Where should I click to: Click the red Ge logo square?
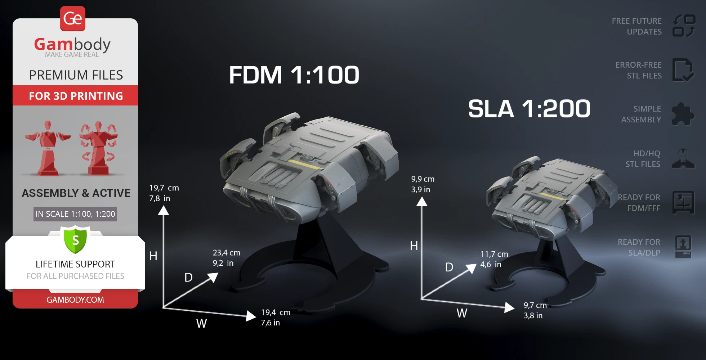tap(73, 18)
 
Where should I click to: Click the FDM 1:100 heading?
tap(294, 75)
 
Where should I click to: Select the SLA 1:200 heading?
tap(529, 108)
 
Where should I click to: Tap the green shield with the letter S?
tap(75, 239)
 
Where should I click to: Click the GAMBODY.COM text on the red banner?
tap(75, 300)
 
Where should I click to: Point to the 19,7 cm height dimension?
tap(164, 188)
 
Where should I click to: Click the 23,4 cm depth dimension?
tap(226, 253)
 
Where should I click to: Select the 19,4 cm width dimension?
tap(276, 312)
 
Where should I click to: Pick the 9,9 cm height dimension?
tap(423, 179)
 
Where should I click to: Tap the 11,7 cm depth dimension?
tap(494, 254)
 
